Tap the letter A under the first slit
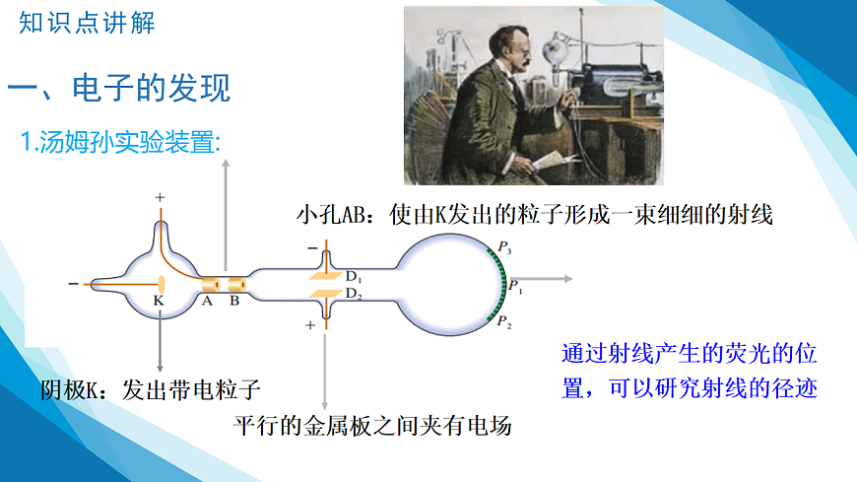point(207,302)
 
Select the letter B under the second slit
point(234,302)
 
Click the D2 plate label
point(354,294)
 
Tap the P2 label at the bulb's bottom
point(503,323)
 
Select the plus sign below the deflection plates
point(310,324)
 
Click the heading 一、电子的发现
point(119,90)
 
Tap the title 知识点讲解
point(87,24)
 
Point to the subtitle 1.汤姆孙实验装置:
point(122,143)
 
